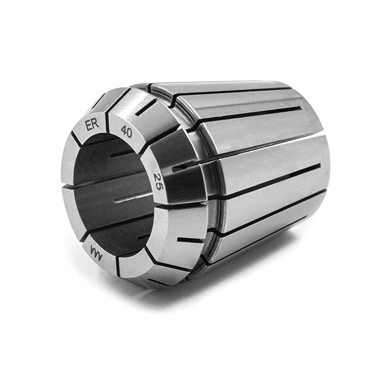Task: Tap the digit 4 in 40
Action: click(x=123, y=130)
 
